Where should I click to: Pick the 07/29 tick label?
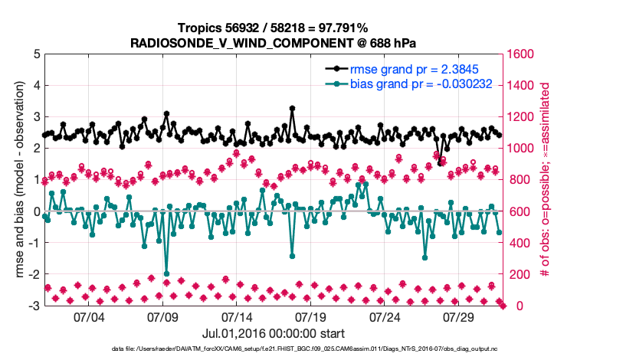pos(460,316)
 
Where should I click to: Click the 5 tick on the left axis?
pos(35,54)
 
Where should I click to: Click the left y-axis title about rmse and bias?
pos(17,180)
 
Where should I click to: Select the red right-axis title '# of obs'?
pos(546,180)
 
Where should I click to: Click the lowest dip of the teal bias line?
pos(166,273)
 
